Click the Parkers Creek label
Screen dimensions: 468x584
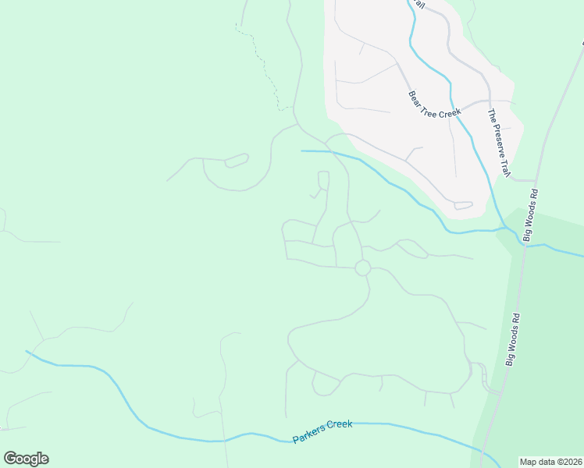pos(322,432)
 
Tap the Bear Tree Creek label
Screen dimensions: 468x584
pos(436,103)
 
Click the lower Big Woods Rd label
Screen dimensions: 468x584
pos(512,340)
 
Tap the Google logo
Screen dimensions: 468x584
pos(26,459)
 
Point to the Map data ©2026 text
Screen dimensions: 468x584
pos(550,462)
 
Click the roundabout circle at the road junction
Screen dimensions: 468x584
pos(362,268)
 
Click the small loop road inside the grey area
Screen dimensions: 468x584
pos(463,206)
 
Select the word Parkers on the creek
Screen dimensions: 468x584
pos(309,436)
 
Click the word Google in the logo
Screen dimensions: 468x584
pos(26,459)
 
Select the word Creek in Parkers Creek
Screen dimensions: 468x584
pos(340,426)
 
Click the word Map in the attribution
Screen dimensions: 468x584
pos(529,462)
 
